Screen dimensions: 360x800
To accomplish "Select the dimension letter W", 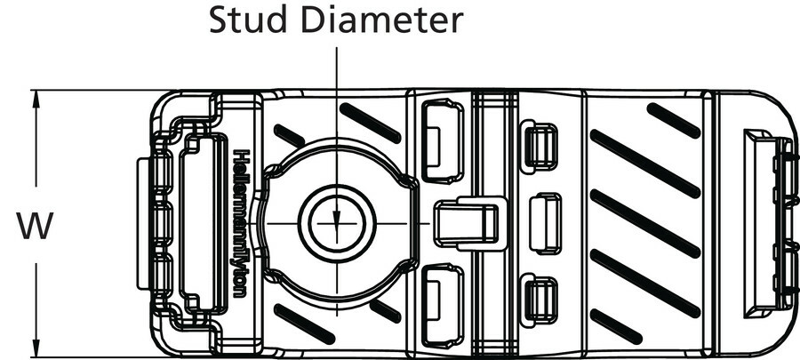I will pos(35,226).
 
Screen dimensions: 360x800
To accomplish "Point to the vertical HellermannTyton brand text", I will pos(241,222).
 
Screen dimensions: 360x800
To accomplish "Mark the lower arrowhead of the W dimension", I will pos(36,352).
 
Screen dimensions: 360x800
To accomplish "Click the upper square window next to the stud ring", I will pos(443,139).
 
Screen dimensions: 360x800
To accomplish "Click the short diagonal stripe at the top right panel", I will pos(673,120).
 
